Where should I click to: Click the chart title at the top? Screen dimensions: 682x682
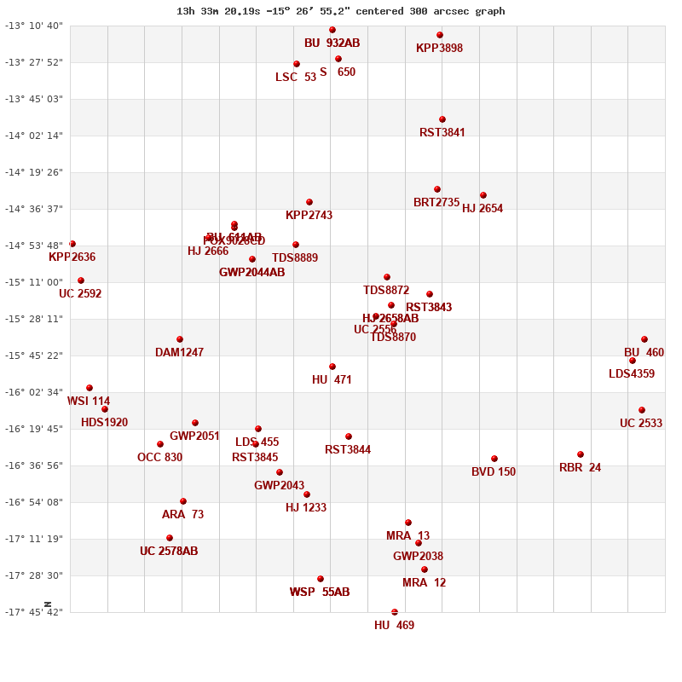tap(340, 11)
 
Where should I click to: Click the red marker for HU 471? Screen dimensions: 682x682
tap(332, 367)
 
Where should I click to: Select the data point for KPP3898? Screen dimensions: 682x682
tap(440, 35)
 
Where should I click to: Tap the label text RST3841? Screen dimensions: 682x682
tap(442, 132)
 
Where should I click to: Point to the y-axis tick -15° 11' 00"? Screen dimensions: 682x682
tap(35, 282)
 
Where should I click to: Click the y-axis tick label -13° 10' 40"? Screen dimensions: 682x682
tap(35, 26)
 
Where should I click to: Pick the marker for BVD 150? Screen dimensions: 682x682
tap(494, 459)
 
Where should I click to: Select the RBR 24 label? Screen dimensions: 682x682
tap(580, 467)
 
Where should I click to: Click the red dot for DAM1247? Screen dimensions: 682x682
tap(180, 339)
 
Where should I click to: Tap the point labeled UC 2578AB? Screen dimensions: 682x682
tap(170, 538)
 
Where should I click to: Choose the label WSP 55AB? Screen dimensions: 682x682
tap(320, 592)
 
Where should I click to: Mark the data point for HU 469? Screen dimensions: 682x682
tap(395, 612)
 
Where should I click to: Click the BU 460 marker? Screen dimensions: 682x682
tap(644, 339)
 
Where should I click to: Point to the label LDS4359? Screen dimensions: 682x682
tap(632, 373)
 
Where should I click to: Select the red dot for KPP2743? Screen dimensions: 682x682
tap(309, 202)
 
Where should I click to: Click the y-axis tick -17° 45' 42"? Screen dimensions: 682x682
tap(35, 612)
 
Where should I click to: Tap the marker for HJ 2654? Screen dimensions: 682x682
tap(483, 195)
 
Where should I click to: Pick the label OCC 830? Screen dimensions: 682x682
tap(159, 457)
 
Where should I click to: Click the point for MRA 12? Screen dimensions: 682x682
tap(425, 569)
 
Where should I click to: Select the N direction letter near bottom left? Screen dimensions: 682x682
tap(48, 604)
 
